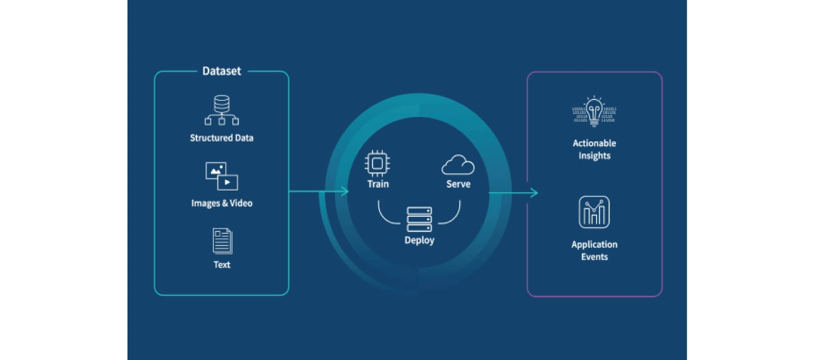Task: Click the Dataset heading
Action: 222,71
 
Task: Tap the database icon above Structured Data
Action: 222,111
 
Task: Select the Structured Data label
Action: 222,139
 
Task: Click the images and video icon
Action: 222,176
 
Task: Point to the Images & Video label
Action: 222,203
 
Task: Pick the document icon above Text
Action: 222,241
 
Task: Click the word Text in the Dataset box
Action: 222,265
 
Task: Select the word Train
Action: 378,184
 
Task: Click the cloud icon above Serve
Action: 458,165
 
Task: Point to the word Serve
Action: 458,184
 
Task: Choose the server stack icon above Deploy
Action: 419,219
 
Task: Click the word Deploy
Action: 419,240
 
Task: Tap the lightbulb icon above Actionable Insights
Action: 594,112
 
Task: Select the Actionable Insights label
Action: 594,150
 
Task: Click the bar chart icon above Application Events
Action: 594,212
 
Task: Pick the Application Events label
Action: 594,251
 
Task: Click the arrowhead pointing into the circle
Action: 346,192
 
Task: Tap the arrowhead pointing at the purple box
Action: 534,193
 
